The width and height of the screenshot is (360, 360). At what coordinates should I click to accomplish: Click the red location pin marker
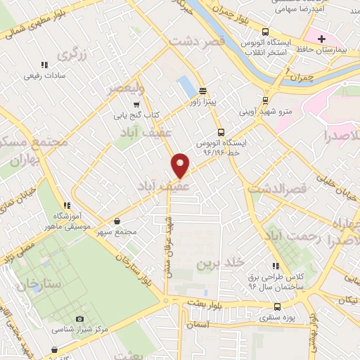[x=181, y=165]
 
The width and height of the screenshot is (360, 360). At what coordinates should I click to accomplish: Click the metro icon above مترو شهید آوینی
[x=265, y=100]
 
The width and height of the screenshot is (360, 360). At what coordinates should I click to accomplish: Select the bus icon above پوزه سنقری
[x=277, y=307]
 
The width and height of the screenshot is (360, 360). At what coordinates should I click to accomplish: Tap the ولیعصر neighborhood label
[x=124, y=89]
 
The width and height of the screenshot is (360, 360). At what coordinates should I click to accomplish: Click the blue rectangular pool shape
[x=187, y=86]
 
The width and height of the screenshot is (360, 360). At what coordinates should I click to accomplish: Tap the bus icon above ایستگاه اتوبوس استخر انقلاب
[x=265, y=32]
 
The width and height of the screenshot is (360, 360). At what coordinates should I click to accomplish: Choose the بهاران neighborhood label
[x=25, y=161]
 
